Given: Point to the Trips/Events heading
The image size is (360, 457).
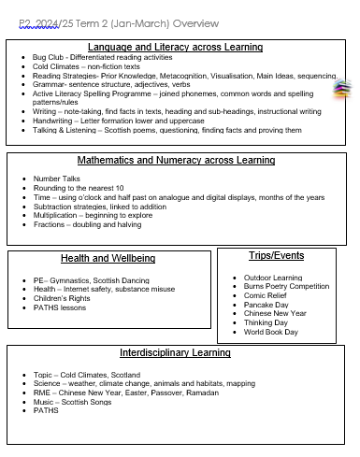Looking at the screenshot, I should pyautogui.click(x=276, y=255).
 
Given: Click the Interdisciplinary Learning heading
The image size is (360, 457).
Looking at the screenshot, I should pyautogui.click(x=175, y=353).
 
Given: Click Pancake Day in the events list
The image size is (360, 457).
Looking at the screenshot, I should pyautogui.click(x=267, y=305).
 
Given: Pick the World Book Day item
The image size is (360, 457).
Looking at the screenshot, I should pyautogui.click(x=271, y=332).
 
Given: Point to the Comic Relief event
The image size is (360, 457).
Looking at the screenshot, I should pyautogui.click(x=267, y=295).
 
